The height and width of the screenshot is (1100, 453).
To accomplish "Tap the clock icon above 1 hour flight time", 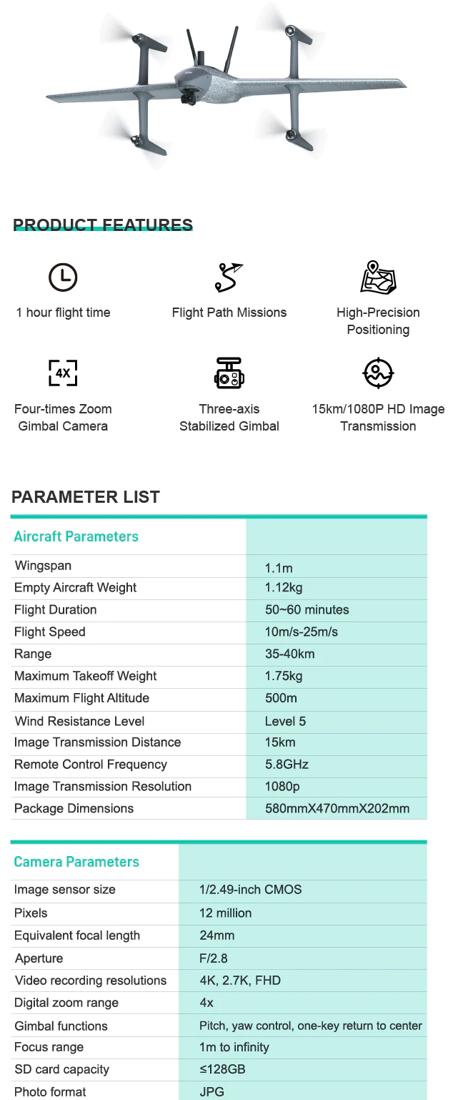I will [x=63, y=277].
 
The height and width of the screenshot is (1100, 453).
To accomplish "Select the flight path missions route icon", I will [x=229, y=278].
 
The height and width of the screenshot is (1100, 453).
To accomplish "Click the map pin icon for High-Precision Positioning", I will [x=378, y=277].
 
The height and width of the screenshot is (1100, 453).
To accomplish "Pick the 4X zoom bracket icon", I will [x=63, y=373].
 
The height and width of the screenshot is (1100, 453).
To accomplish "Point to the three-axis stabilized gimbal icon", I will [x=229, y=373].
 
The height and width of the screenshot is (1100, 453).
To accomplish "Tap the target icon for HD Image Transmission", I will [x=378, y=372].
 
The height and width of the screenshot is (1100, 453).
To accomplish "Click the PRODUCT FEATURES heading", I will [x=103, y=225].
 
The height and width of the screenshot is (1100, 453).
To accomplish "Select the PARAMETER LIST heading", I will [x=86, y=497].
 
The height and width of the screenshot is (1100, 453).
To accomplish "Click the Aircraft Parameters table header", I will [x=76, y=536].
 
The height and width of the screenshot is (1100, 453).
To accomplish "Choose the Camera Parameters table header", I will [x=76, y=862].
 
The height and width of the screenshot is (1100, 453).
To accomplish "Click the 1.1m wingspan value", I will [x=279, y=569].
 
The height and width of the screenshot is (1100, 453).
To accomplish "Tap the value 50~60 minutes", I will [x=307, y=610].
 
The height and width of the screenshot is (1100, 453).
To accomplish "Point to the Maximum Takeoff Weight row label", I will [x=85, y=676].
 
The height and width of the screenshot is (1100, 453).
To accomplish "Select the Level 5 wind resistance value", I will [x=285, y=721].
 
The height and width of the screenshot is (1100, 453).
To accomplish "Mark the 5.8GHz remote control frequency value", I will [x=287, y=765].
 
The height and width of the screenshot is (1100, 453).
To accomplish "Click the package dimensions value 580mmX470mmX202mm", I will [x=337, y=809].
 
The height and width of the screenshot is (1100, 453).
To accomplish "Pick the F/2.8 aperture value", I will [x=214, y=958].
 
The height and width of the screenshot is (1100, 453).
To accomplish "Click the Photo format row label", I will [x=50, y=1092].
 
